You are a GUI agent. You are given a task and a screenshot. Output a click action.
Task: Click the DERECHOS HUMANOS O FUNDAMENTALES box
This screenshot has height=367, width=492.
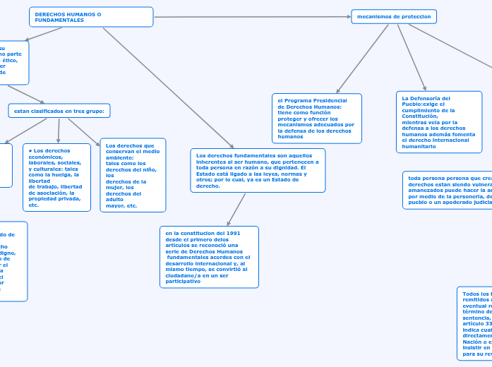(91, 17)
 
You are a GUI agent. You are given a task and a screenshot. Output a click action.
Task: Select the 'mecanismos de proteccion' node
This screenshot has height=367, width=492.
(394, 16)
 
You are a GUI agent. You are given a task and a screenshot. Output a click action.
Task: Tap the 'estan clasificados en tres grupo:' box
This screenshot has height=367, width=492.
(59, 111)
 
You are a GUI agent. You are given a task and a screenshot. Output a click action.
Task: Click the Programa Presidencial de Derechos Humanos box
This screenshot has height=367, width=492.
(316, 119)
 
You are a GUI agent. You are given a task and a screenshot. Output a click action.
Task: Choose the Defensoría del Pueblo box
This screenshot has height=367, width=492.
(439, 121)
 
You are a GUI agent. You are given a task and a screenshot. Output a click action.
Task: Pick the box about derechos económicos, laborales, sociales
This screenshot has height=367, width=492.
(57, 177)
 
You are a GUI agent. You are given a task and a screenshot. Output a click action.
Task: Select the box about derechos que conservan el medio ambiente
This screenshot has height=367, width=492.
(133, 175)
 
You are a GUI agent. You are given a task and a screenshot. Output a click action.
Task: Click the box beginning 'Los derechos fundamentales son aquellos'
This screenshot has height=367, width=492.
(258, 170)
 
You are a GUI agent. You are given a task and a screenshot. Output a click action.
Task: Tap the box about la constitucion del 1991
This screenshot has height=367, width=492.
(209, 257)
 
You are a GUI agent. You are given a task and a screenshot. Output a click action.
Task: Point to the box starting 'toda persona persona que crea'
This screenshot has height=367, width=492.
(447, 191)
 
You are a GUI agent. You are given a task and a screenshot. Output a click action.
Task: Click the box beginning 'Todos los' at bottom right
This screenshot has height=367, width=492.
(474, 323)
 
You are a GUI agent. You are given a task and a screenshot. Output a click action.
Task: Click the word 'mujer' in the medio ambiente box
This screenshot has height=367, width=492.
(114, 188)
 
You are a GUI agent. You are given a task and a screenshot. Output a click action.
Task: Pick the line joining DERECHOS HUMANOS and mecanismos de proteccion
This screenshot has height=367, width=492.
(252, 16)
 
